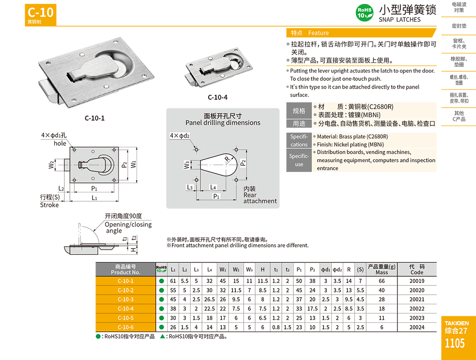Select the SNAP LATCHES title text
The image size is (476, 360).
click(399, 20)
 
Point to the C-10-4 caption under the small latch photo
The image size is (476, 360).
click(217, 97)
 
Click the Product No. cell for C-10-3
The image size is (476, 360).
click(125, 299)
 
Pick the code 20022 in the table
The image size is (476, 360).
click(416, 308)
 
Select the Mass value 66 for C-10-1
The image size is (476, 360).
click(382, 281)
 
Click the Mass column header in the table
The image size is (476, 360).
click(382, 269)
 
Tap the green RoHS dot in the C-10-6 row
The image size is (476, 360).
click(161, 327)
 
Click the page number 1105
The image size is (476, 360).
click(455, 344)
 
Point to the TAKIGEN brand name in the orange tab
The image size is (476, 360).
click(456, 323)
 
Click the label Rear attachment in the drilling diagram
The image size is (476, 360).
click(260, 198)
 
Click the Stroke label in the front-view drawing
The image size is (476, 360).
click(49, 205)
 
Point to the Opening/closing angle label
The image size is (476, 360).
click(128, 227)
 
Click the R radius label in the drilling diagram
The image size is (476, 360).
click(226, 158)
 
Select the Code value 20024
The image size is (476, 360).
click(416, 327)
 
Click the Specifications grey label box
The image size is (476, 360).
click(299, 141)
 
